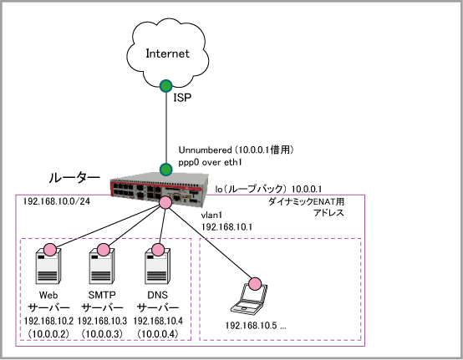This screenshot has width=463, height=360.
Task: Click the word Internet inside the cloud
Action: (167, 53)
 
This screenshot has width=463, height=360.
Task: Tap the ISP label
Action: (182, 98)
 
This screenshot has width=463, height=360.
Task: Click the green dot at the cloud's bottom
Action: (166, 86)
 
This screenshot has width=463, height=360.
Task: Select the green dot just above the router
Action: (166, 170)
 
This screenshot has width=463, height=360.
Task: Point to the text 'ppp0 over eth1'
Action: (210, 162)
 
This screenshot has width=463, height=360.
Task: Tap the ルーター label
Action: (74, 178)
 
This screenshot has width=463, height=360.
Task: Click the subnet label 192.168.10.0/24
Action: (57, 201)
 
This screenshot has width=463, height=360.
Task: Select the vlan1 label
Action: (211, 215)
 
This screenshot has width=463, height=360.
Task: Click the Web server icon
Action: (48, 266)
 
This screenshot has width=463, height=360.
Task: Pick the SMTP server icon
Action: (102, 266)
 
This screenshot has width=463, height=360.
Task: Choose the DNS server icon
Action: (157, 266)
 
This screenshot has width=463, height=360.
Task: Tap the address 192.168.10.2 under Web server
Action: (48, 321)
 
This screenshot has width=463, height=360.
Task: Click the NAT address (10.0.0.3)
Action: (102, 334)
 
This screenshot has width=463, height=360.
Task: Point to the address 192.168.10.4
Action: (158, 321)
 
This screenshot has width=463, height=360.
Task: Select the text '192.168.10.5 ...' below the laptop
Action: (256, 326)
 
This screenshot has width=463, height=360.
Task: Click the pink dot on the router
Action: (165, 202)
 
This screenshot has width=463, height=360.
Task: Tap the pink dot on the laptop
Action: (255, 284)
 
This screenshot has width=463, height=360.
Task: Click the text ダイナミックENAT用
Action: (306, 202)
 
